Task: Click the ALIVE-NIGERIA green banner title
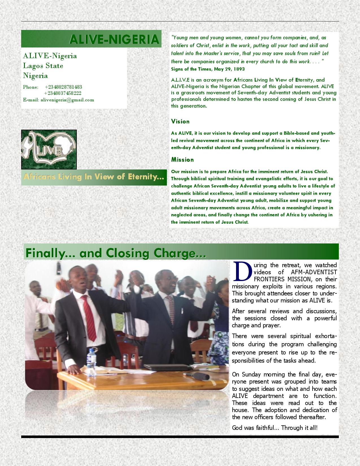point(114,39)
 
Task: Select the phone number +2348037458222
point(63,93)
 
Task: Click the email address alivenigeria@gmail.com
point(67,100)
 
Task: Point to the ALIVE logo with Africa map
point(49,149)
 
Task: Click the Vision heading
point(180,121)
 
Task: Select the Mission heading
point(182,160)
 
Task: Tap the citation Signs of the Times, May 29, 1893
point(208,69)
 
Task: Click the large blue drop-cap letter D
point(243,271)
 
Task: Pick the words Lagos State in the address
point(43,66)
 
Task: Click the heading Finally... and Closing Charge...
point(115,253)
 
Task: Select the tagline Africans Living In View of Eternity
point(93,177)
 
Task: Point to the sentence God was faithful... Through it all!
point(274,428)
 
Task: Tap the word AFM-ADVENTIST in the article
point(314,272)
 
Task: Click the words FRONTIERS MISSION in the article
point(295,279)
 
